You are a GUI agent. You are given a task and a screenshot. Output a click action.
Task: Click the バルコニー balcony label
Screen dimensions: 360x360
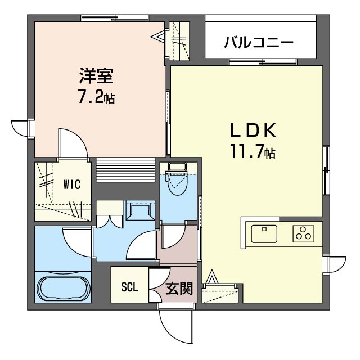pyautogui.click(x=259, y=43)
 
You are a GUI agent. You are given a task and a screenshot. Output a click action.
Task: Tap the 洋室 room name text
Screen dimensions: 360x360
pyautogui.click(x=96, y=75)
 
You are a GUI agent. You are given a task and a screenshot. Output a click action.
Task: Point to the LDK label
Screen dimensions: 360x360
pyautogui.click(x=253, y=130)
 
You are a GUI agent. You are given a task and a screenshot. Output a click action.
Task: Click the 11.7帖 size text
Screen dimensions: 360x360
pyautogui.click(x=253, y=151)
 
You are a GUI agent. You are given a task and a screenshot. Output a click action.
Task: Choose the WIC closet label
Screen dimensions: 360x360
pyautogui.click(x=72, y=184)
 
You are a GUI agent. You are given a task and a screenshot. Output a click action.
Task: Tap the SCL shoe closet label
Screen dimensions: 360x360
pyautogui.click(x=130, y=287)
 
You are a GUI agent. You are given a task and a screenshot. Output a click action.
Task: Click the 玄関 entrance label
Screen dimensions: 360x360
pyautogui.click(x=179, y=289)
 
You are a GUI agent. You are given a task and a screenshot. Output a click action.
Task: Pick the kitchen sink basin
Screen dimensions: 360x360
pyautogui.click(x=264, y=234)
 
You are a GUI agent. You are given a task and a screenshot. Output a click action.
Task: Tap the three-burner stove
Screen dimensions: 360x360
pyautogui.click(x=304, y=234)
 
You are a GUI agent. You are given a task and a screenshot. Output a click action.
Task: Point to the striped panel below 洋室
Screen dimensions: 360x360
pyautogui.click(x=125, y=170)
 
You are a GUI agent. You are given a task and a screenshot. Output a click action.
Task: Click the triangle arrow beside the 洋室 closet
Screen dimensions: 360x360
pyautogui.click(x=158, y=37)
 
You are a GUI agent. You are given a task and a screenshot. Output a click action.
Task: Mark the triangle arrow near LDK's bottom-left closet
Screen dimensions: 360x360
pyautogui.click(x=211, y=277)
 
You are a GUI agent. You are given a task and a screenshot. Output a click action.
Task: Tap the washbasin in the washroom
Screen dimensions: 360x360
pyautogui.click(x=140, y=211)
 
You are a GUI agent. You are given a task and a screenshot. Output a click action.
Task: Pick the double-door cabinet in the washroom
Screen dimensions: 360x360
pyautogui.click(x=110, y=215)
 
